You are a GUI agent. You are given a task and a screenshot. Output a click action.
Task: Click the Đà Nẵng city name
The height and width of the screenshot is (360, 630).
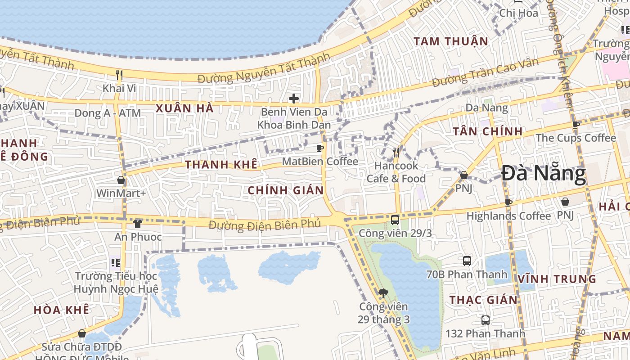(x=544, y=174)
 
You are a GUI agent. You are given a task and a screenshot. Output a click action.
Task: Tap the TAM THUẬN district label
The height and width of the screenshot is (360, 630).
(x=450, y=41)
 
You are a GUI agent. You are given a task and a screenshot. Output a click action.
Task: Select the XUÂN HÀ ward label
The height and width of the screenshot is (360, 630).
(x=184, y=108)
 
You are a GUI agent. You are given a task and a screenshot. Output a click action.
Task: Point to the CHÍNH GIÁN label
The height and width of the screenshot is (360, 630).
(x=286, y=190)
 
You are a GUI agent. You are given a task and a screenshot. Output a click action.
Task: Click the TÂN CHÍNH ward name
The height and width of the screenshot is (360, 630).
(x=487, y=131)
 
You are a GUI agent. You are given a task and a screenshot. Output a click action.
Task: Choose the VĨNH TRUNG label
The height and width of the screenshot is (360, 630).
(x=557, y=279)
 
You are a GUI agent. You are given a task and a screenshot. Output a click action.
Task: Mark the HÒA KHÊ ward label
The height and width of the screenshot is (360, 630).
(x=61, y=310)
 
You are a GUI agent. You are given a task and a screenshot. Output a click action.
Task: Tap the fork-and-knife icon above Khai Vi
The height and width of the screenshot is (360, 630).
(x=119, y=75)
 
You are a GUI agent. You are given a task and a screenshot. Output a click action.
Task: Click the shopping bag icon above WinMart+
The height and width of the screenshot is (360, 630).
(x=121, y=180)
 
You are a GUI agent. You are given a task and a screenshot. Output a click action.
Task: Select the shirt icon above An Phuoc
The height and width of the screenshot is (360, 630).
(x=138, y=223)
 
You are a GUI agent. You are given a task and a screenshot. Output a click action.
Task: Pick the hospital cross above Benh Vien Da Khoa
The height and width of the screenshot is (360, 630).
(x=294, y=98)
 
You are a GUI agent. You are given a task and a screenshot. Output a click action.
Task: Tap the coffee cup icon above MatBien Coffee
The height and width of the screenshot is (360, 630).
(x=320, y=148)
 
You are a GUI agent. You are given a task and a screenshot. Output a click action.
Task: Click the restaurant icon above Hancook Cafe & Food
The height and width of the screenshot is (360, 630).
(x=396, y=153)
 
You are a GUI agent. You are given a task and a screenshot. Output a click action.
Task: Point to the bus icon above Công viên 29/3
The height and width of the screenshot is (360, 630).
(x=395, y=220)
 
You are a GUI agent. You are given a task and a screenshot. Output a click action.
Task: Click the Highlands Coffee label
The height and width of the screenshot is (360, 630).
(x=508, y=216)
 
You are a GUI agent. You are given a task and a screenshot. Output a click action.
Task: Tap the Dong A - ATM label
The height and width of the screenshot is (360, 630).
(x=108, y=113)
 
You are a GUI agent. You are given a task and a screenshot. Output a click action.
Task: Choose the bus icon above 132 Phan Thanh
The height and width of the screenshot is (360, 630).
(x=485, y=320)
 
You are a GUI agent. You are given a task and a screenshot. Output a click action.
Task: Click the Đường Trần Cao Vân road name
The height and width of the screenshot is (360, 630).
(x=485, y=73)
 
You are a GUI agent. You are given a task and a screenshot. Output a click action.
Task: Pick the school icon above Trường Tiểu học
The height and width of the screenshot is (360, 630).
(x=116, y=262)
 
